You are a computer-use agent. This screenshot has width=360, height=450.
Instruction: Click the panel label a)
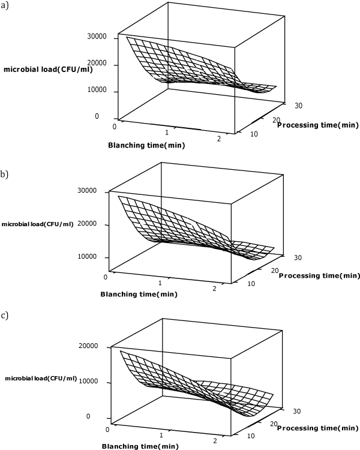[5, 8]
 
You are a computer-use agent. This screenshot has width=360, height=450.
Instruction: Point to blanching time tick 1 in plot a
[167, 132]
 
